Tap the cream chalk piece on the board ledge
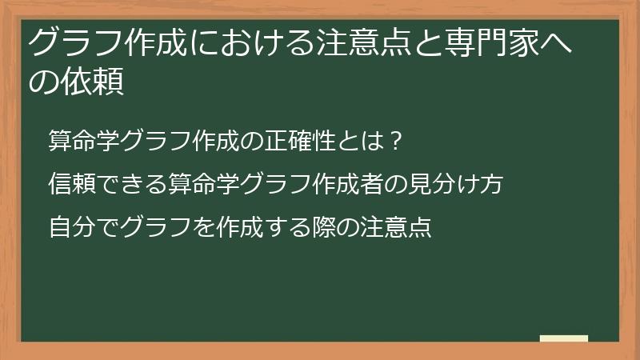click(564, 339)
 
